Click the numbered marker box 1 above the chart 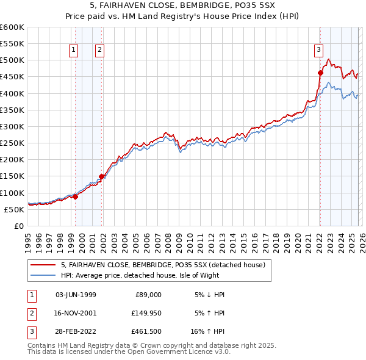tap(73, 51)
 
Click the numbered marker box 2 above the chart tap(99, 51)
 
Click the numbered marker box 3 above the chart tap(318, 51)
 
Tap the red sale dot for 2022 tap(320, 73)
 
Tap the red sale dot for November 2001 tap(102, 176)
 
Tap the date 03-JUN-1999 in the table tap(76, 295)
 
